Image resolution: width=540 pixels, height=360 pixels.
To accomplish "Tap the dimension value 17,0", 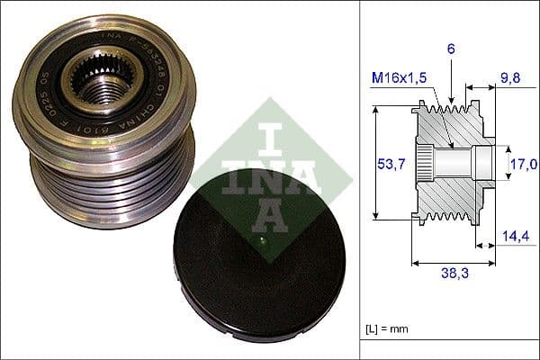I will [x=524, y=164].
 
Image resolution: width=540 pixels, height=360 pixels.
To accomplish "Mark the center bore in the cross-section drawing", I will [x=459, y=163].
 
